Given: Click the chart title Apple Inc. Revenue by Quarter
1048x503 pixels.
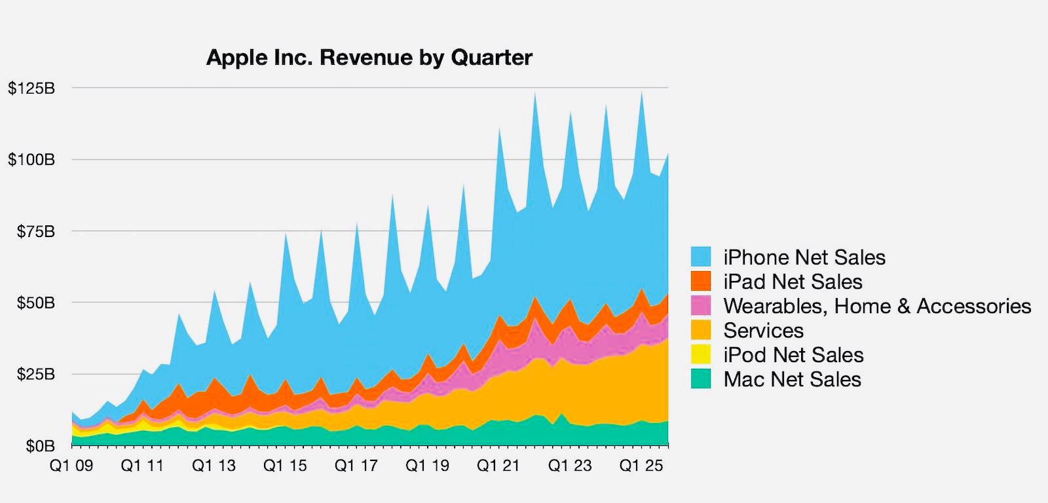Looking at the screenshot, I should point(369,58).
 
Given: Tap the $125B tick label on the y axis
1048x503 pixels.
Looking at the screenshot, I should point(31,88).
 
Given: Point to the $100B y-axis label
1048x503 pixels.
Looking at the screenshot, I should point(31,160).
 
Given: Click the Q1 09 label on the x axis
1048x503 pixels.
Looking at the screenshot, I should point(71,466).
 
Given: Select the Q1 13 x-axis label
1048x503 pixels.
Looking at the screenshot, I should point(214,466).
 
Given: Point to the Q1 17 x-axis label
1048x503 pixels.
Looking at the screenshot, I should point(356,466).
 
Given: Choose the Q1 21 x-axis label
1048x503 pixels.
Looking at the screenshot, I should point(498,466).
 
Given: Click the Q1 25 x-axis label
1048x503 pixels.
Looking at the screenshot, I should point(641,466).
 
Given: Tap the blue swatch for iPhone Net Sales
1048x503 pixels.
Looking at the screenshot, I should point(701,257).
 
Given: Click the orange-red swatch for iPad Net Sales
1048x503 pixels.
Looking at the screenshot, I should point(701,281).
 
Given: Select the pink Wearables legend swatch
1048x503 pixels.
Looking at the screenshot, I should point(701,306).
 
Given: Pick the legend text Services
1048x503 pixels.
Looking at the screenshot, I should point(763,330).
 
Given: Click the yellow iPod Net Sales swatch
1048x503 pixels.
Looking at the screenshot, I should point(701,354).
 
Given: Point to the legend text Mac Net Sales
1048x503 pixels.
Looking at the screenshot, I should point(792,379).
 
